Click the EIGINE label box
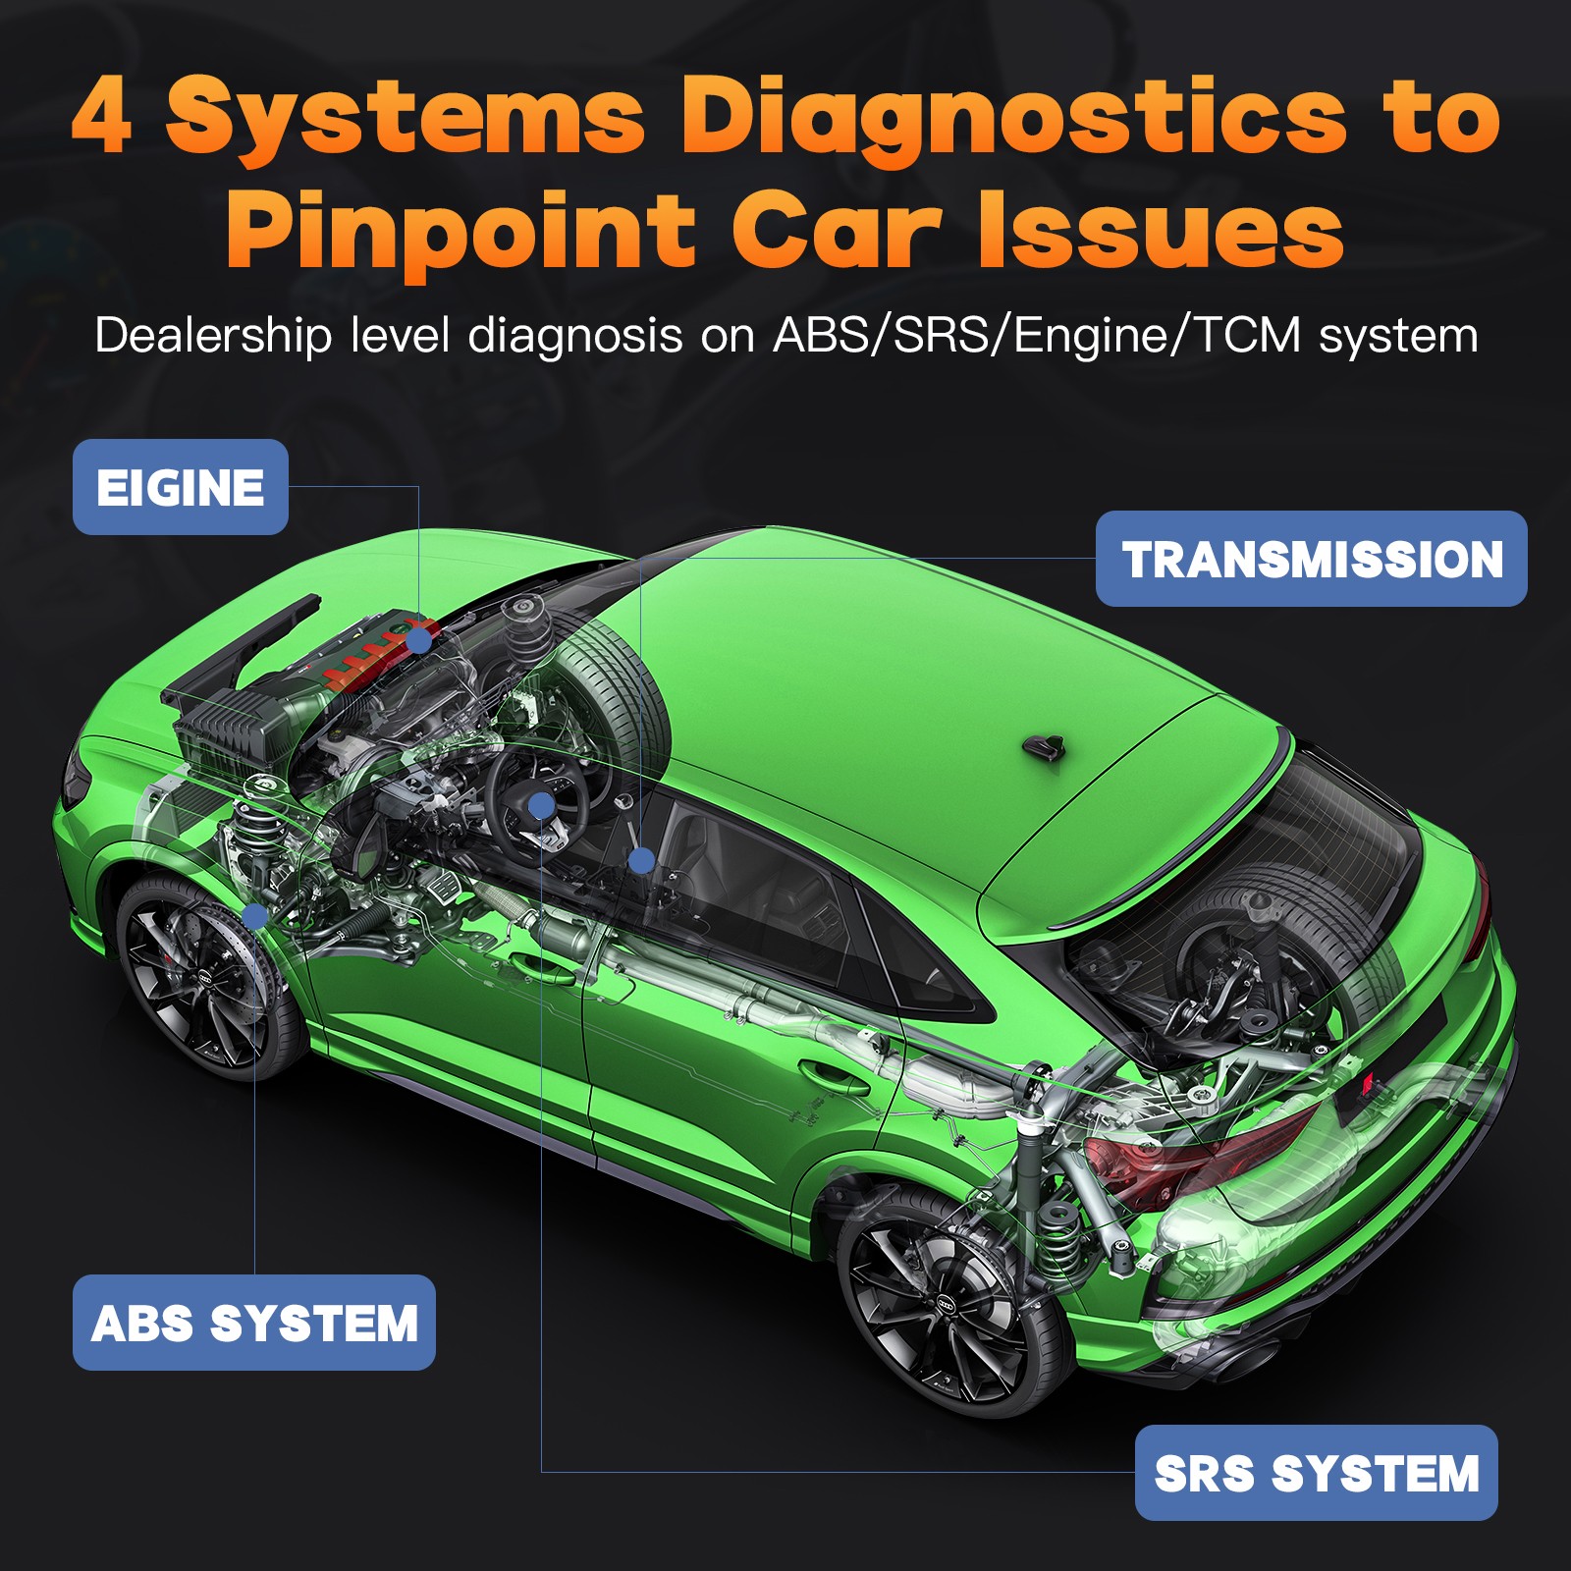pos(181,487)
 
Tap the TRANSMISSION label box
pos(1312,559)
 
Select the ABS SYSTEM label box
pos(254,1323)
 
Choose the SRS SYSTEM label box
pos(1317,1473)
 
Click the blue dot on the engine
pos(419,640)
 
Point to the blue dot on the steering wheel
pos(541,807)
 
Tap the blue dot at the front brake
pos(255,917)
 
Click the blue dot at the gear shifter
pos(641,861)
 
